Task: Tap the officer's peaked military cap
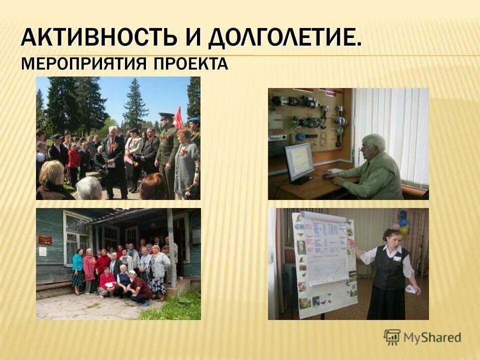[167, 116]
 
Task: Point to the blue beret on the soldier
[194, 120]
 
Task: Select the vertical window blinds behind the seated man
[395, 130]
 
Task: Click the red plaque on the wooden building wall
[45, 239]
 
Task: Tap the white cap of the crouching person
[132, 273]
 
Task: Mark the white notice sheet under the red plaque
[43, 251]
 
